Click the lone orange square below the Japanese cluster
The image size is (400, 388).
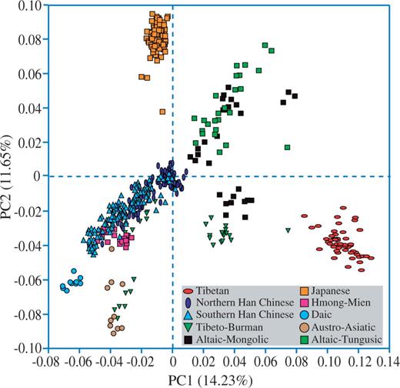(162, 112)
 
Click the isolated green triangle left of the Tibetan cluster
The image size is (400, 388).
(288, 230)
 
